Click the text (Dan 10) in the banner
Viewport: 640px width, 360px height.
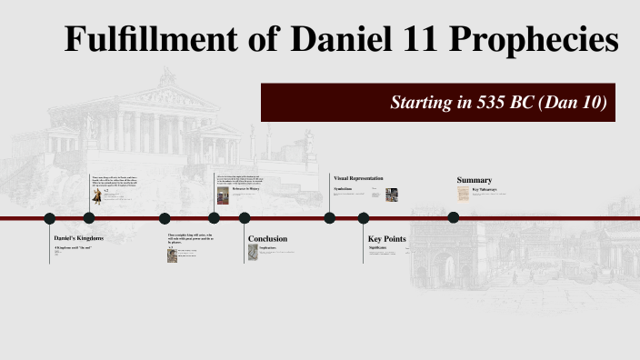(573, 102)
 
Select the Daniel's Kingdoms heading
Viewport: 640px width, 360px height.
(79, 237)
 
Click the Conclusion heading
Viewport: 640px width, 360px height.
(267, 239)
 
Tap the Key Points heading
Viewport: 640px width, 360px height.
(386, 239)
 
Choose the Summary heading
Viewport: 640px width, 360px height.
(474, 180)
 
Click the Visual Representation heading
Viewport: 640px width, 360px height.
(358, 178)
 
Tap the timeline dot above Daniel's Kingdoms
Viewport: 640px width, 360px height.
(50, 218)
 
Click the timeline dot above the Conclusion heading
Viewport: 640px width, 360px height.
(245, 218)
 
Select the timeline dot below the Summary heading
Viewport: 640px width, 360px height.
(454, 217)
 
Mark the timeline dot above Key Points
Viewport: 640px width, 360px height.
(364, 218)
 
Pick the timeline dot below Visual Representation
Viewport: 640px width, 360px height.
(330, 218)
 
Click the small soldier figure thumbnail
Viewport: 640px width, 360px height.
(97, 195)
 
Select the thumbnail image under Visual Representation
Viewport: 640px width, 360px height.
(392, 194)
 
